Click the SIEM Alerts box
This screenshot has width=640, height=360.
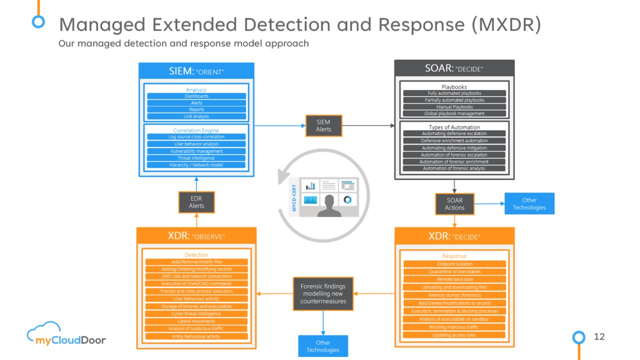click(323, 125)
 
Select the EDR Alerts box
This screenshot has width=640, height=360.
click(196, 202)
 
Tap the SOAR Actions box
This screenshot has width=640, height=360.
click(454, 204)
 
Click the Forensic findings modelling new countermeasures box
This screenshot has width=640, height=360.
click(323, 294)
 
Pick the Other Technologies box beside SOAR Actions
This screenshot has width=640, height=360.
click(529, 204)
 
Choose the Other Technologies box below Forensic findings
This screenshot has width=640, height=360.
click(323, 346)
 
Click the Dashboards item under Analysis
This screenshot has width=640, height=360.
click(196, 96)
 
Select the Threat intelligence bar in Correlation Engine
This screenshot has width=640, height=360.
click(196, 158)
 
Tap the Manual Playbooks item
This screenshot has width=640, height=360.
click(454, 107)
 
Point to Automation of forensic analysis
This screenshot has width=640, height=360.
click(454, 168)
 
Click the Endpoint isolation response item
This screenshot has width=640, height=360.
click(454, 264)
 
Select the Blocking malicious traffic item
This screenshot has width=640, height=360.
click(454, 327)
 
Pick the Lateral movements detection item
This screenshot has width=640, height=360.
click(196, 321)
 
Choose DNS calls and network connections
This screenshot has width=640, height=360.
click(196, 276)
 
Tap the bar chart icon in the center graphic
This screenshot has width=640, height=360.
click(310, 185)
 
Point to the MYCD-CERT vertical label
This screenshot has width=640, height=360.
click(294, 197)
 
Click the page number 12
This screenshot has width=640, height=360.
click(599, 336)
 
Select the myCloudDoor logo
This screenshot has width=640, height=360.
click(66, 335)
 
